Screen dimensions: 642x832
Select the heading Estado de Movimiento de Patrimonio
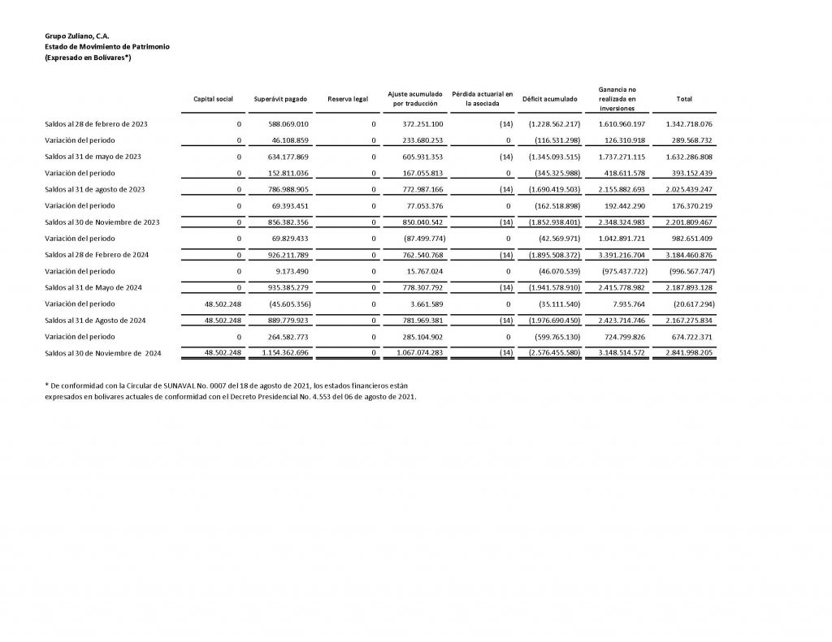click(x=107, y=47)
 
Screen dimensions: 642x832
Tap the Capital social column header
click(x=213, y=99)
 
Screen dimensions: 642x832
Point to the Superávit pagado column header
click(x=280, y=99)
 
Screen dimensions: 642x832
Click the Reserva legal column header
click(x=348, y=99)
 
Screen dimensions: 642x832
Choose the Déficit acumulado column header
click(x=550, y=99)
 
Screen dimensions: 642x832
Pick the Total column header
click(x=684, y=99)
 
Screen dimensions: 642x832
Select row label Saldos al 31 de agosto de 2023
click(x=95, y=189)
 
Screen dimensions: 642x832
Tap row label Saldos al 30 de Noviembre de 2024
click(x=103, y=353)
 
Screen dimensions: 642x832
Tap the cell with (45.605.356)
click(x=284, y=304)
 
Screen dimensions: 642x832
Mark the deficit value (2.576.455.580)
click(x=552, y=353)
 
